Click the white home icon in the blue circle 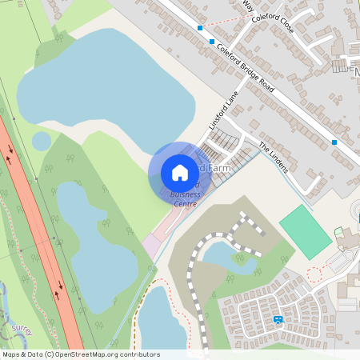pos(180,173)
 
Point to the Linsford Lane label pos(225,111)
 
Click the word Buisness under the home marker pos(183,194)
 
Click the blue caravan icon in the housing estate pos(278,319)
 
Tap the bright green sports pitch pos(305,232)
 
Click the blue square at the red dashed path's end pos(199,27)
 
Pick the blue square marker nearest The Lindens pos(334,142)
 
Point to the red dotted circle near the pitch pos(315,274)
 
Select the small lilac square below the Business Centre pos(151,245)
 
